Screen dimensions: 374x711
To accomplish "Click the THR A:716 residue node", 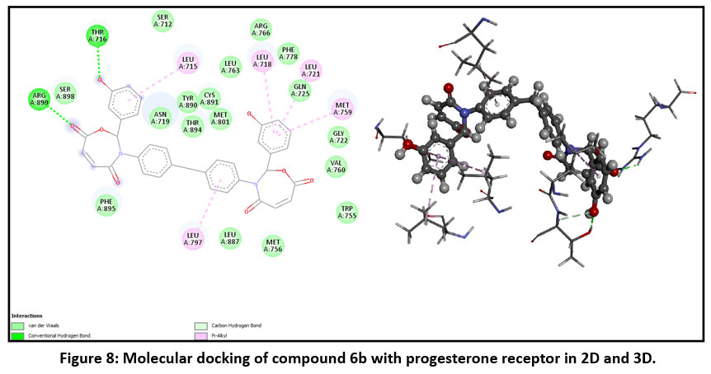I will tap(99, 35).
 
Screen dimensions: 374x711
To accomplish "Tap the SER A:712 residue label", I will tap(163, 21).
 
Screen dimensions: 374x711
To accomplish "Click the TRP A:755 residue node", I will tap(347, 212).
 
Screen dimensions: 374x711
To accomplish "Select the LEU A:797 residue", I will tap(192, 239).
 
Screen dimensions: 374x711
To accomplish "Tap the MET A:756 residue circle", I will tap(273, 245).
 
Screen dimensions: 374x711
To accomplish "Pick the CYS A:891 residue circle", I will tap(210, 98).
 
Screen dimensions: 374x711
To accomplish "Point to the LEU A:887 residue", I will tap(230, 239).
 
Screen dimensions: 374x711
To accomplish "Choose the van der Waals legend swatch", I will tap(16, 326).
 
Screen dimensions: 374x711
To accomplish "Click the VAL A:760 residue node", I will tap(335, 167).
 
